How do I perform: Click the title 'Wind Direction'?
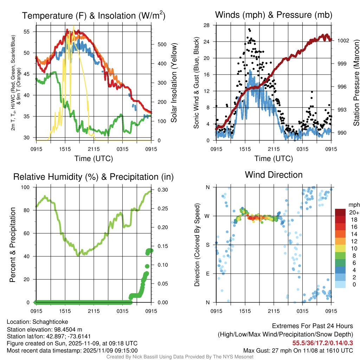coord(274,175)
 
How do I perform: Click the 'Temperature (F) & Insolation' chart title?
coord(93,16)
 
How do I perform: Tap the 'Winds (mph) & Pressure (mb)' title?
coord(274,15)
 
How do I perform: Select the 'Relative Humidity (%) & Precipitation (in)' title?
coord(93,177)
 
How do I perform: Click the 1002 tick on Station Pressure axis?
coord(343,40)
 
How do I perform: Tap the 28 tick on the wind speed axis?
coord(206,25)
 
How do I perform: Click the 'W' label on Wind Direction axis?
coord(207,216)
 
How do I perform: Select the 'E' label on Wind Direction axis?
coord(207,274)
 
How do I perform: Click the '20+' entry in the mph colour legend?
coord(354,212)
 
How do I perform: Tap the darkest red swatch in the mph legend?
coord(340,212)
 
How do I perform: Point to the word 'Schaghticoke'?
coord(50,322)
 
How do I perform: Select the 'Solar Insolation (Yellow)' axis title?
coord(174,83)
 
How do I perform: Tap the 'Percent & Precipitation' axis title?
coord(13,245)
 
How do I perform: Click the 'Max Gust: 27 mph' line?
coord(298,351)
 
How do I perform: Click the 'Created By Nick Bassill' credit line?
coord(180,357)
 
